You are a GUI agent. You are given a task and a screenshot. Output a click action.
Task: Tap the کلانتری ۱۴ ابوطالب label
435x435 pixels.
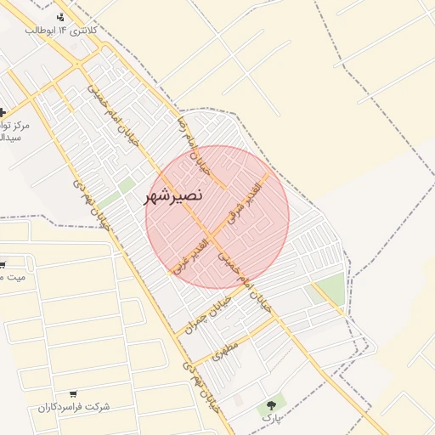pos(66,30)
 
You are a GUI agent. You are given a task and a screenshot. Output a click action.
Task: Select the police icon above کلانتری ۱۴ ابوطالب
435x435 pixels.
pos(59,16)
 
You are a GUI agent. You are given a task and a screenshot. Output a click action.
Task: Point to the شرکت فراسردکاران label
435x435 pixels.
pos(73,406)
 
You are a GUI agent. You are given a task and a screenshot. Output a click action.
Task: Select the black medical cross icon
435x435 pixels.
pos(3,112)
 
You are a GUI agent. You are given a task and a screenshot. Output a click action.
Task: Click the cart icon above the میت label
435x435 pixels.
pos(3,263)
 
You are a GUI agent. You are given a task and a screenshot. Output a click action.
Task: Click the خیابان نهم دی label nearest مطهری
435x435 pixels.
pos(202,388)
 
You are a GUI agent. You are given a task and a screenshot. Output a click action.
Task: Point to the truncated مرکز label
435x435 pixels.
pos(15,125)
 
